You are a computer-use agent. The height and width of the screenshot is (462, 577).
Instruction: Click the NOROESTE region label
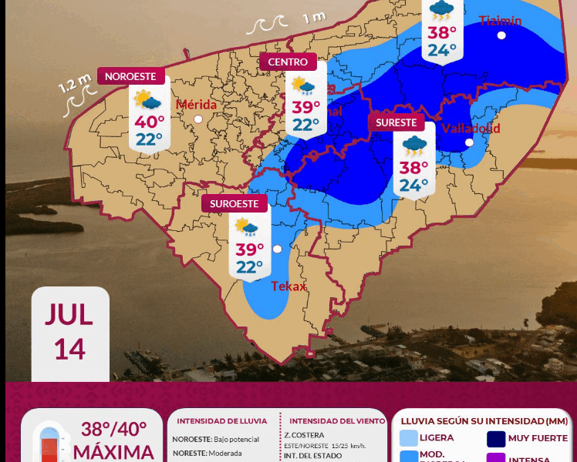[131, 76]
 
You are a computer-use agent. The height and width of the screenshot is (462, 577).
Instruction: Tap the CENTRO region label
[288, 62]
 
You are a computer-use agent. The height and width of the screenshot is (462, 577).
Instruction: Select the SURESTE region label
[396, 122]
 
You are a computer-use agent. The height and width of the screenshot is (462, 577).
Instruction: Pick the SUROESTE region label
[235, 203]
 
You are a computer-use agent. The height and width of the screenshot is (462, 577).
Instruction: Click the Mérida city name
[196, 105]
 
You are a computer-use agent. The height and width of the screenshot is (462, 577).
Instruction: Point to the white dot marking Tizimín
[501, 35]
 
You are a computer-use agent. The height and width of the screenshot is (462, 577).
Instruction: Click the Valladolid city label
[471, 128]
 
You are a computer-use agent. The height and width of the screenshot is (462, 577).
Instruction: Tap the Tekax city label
[288, 286]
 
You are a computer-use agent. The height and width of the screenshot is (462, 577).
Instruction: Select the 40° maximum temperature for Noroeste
[150, 122]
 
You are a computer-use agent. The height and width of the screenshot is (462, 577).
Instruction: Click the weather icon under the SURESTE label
[414, 144]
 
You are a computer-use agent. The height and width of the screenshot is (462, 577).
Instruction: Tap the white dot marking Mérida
[198, 119]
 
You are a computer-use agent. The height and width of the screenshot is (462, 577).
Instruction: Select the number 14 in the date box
[69, 348]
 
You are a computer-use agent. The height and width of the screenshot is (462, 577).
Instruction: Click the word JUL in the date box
[69, 314]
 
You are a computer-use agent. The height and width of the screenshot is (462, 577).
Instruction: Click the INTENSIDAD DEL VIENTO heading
[337, 421]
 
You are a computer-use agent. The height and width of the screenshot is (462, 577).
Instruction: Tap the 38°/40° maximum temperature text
[113, 430]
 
